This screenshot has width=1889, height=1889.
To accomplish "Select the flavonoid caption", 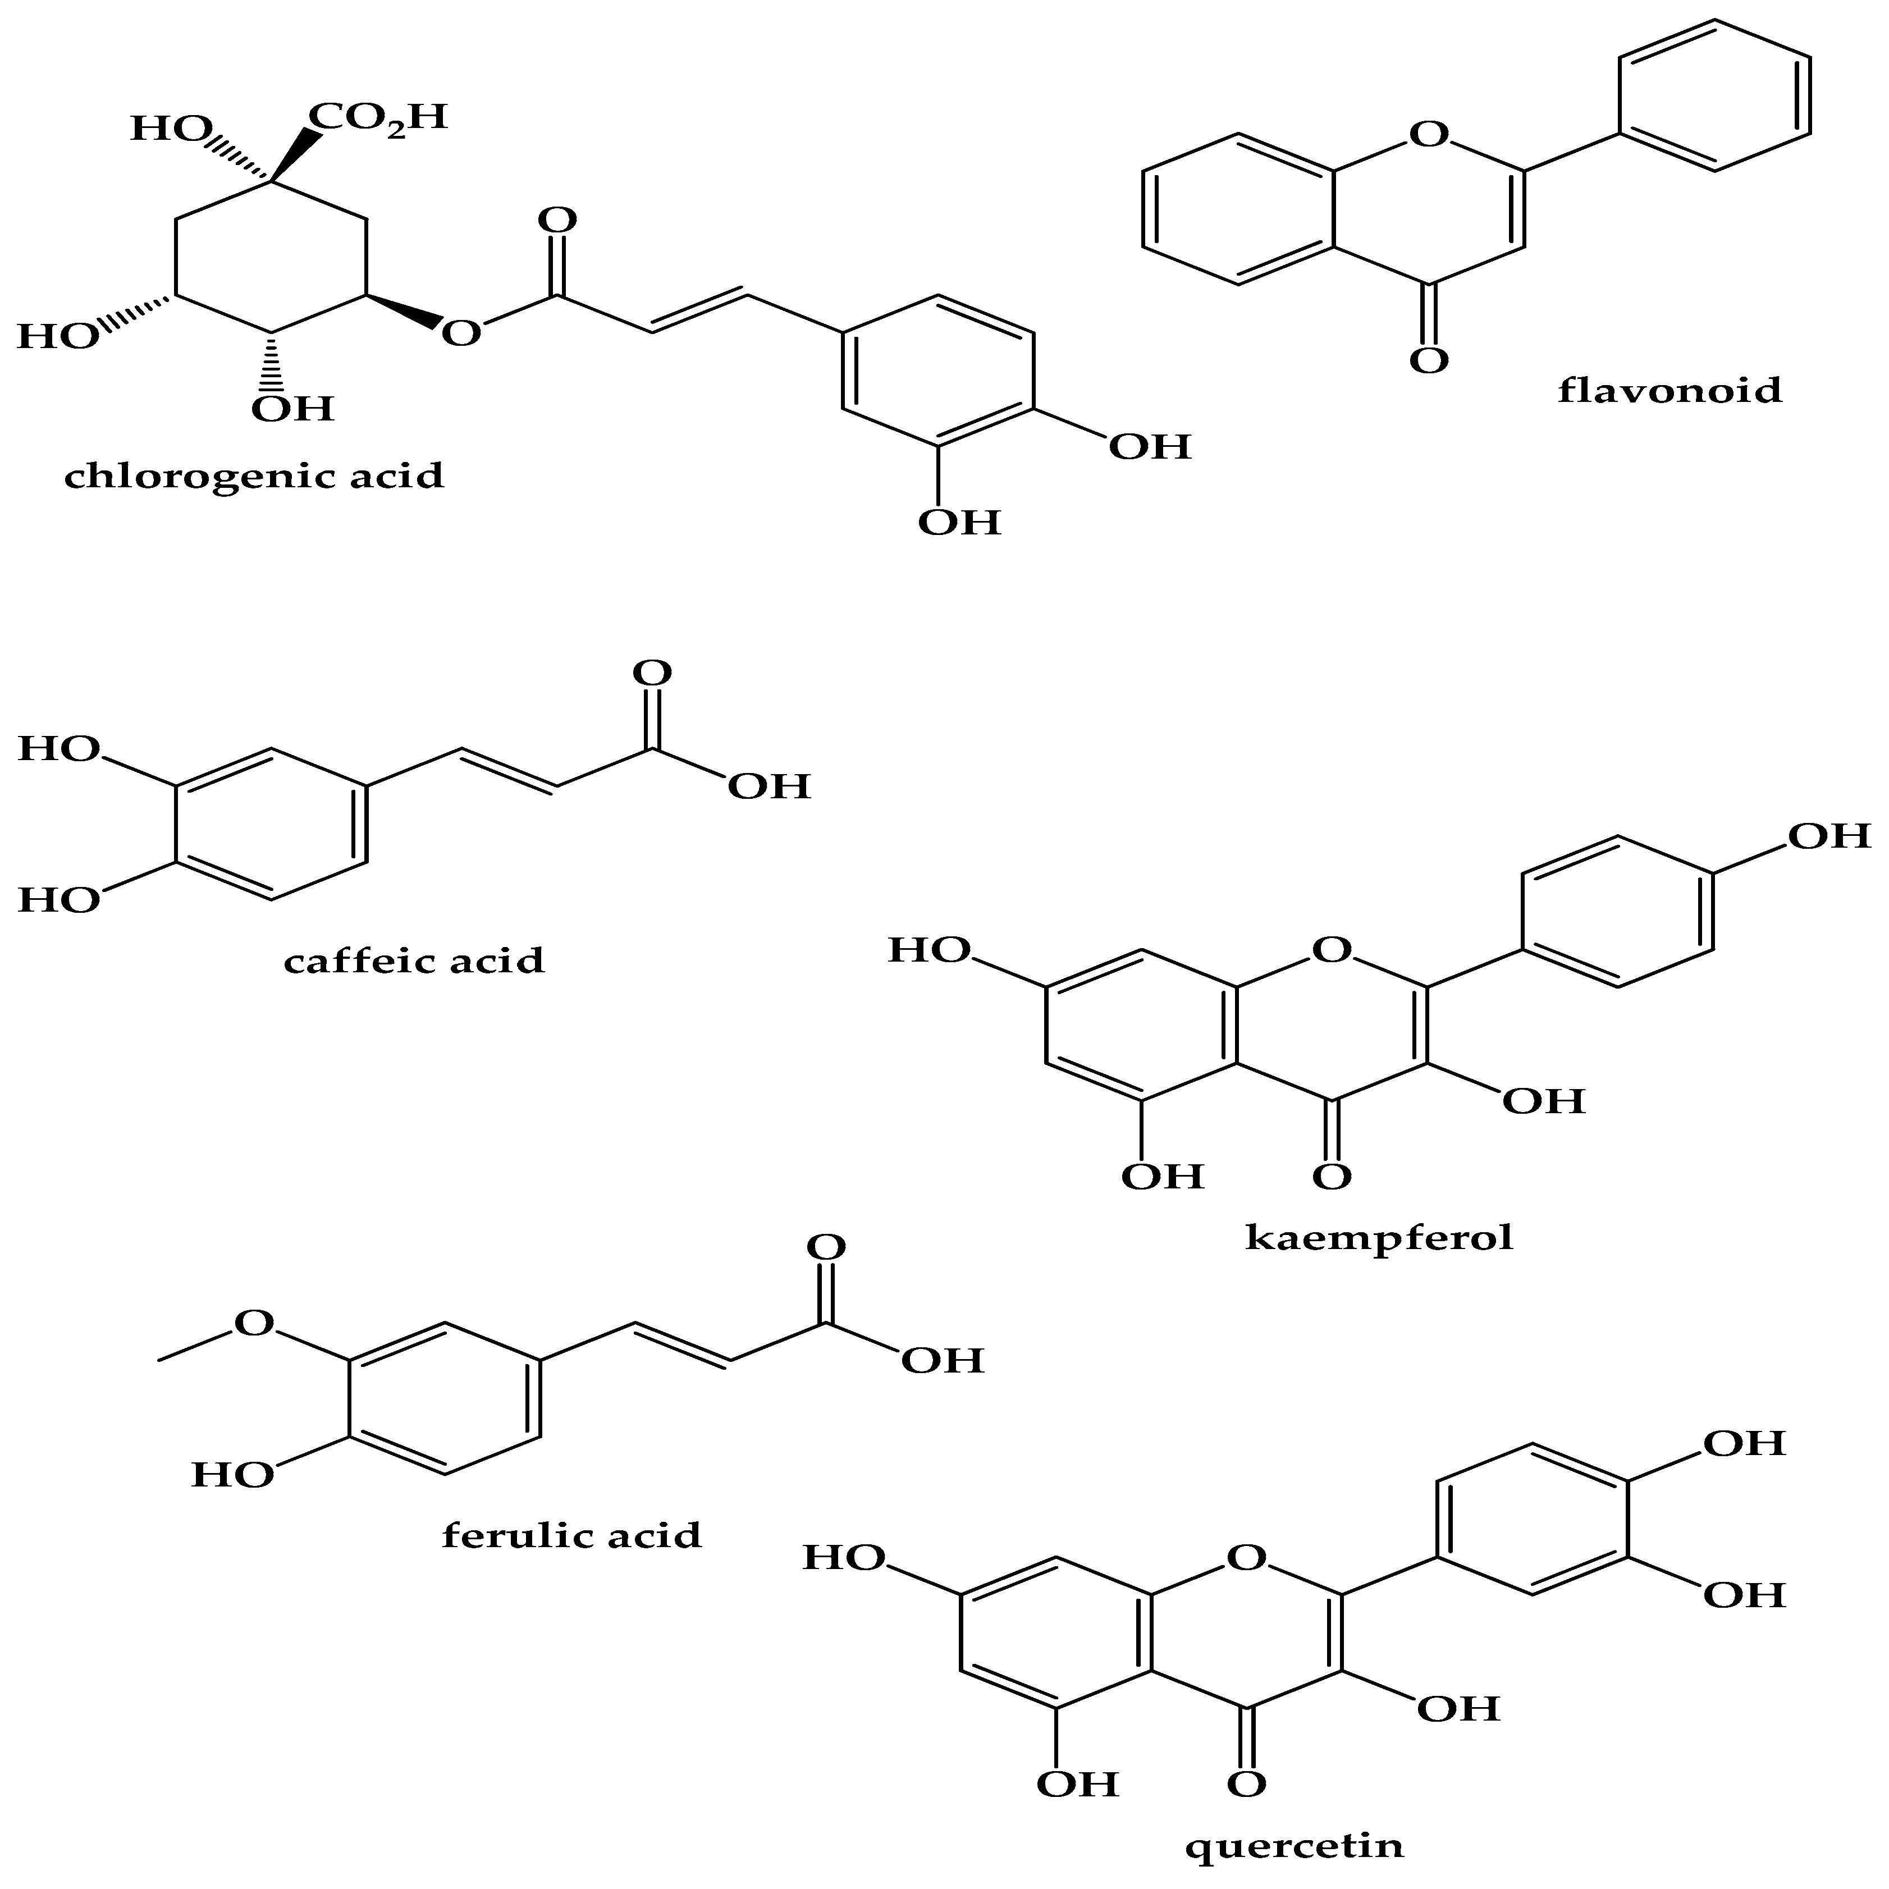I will pyautogui.click(x=1669, y=390).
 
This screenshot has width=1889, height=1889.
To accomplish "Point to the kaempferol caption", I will pyautogui.click(x=1379, y=1238).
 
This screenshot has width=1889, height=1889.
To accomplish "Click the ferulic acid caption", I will pyautogui.click(x=572, y=1535).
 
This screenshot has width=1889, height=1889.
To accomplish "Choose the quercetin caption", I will pyautogui.click(x=1293, y=1846).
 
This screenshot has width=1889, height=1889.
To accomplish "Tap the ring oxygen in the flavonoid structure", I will pyautogui.click(x=1429, y=133).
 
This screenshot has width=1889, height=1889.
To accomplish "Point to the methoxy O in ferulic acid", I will pyautogui.click(x=254, y=1323).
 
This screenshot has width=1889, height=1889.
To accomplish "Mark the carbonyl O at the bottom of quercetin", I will pyautogui.click(x=1246, y=1785).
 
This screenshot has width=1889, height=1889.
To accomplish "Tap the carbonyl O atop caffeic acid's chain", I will pyautogui.click(x=652, y=673).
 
